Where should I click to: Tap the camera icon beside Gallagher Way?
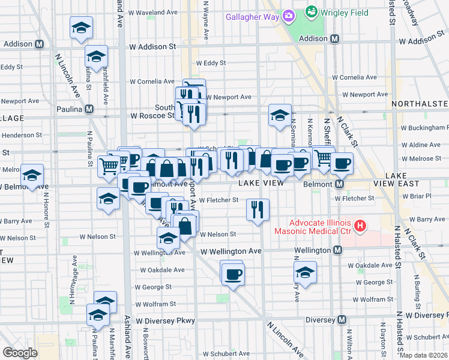(288, 16)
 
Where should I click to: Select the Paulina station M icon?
(89, 109)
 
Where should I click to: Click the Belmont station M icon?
(339, 184)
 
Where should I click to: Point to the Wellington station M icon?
(338, 250)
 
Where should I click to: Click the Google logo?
(20, 352)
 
